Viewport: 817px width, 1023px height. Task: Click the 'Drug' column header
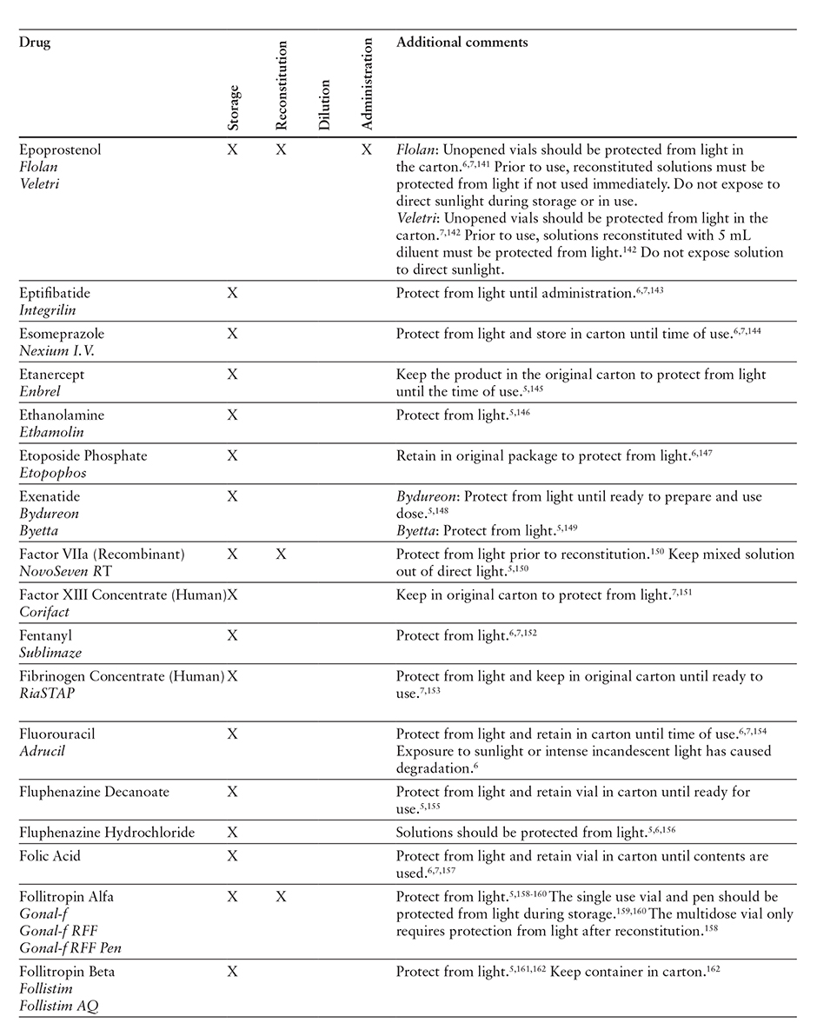click(35, 43)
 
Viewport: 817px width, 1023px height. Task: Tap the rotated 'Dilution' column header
click(324, 104)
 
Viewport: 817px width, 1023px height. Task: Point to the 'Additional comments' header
click(462, 42)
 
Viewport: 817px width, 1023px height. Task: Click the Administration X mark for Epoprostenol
click(367, 150)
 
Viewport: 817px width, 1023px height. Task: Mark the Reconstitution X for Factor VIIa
click(280, 555)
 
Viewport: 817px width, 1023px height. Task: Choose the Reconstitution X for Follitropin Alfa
click(280, 897)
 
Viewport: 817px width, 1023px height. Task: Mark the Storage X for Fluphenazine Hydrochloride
click(232, 833)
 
